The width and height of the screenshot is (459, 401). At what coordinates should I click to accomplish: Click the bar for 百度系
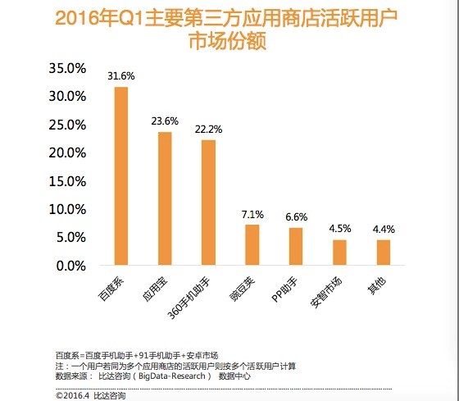pyautogui.click(x=121, y=176)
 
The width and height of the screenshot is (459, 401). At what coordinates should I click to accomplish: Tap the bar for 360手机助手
pyautogui.click(x=208, y=203)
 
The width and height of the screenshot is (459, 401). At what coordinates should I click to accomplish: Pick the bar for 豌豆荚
pyautogui.click(x=252, y=245)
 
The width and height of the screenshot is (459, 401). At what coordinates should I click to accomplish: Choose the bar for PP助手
pyautogui.click(x=296, y=247)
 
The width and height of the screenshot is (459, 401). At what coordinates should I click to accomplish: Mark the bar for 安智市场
pyautogui.click(x=339, y=253)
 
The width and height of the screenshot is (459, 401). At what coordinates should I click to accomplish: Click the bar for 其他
pyautogui.click(x=383, y=253)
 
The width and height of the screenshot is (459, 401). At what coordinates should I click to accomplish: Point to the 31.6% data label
pyautogui.click(x=120, y=76)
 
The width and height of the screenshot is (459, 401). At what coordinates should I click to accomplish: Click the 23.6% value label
pyautogui.click(x=165, y=121)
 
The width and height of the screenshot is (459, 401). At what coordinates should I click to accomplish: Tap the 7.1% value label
pyautogui.click(x=252, y=214)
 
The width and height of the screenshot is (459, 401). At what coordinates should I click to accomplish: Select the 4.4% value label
pyautogui.click(x=383, y=230)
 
